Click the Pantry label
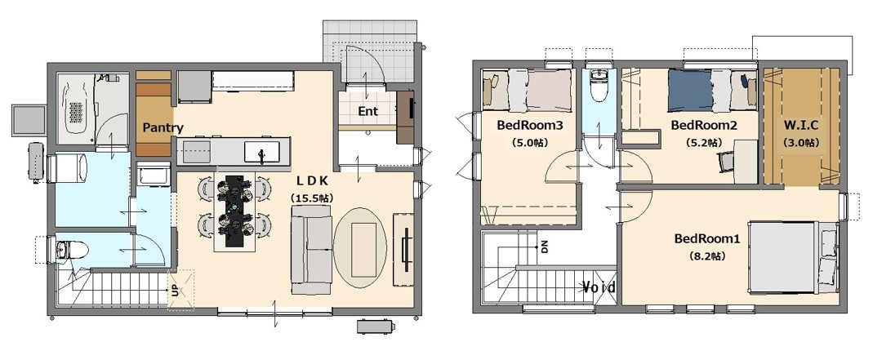[x=163, y=127]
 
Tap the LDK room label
[x=312, y=180]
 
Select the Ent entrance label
[x=367, y=111]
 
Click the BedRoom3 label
[x=530, y=125]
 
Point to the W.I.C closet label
[x=800, y=125]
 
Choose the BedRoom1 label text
[x=707, y=238]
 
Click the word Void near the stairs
[x=599, y=287]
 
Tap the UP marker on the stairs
[x=176, y=291]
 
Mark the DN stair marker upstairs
[x=545, y=247]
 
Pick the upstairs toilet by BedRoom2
[x=599, y=87]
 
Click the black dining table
[x=235, y=211]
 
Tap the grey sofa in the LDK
[x=312, y=249]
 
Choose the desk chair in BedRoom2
[x=726, y=162]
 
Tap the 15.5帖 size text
[x=312, y=198]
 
